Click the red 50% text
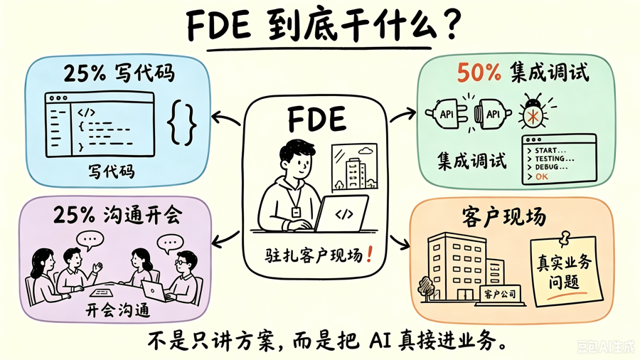[479, 73]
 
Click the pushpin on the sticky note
[565, 238]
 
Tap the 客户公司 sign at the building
[500, 293]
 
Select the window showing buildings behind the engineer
[355, 167]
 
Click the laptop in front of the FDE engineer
[341, 213]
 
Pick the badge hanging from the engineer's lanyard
[296, 212]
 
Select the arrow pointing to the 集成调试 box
[403, 115]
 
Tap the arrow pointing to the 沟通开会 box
[225, 240]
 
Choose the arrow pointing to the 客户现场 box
[400, 242]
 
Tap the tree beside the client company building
[427, 287]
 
